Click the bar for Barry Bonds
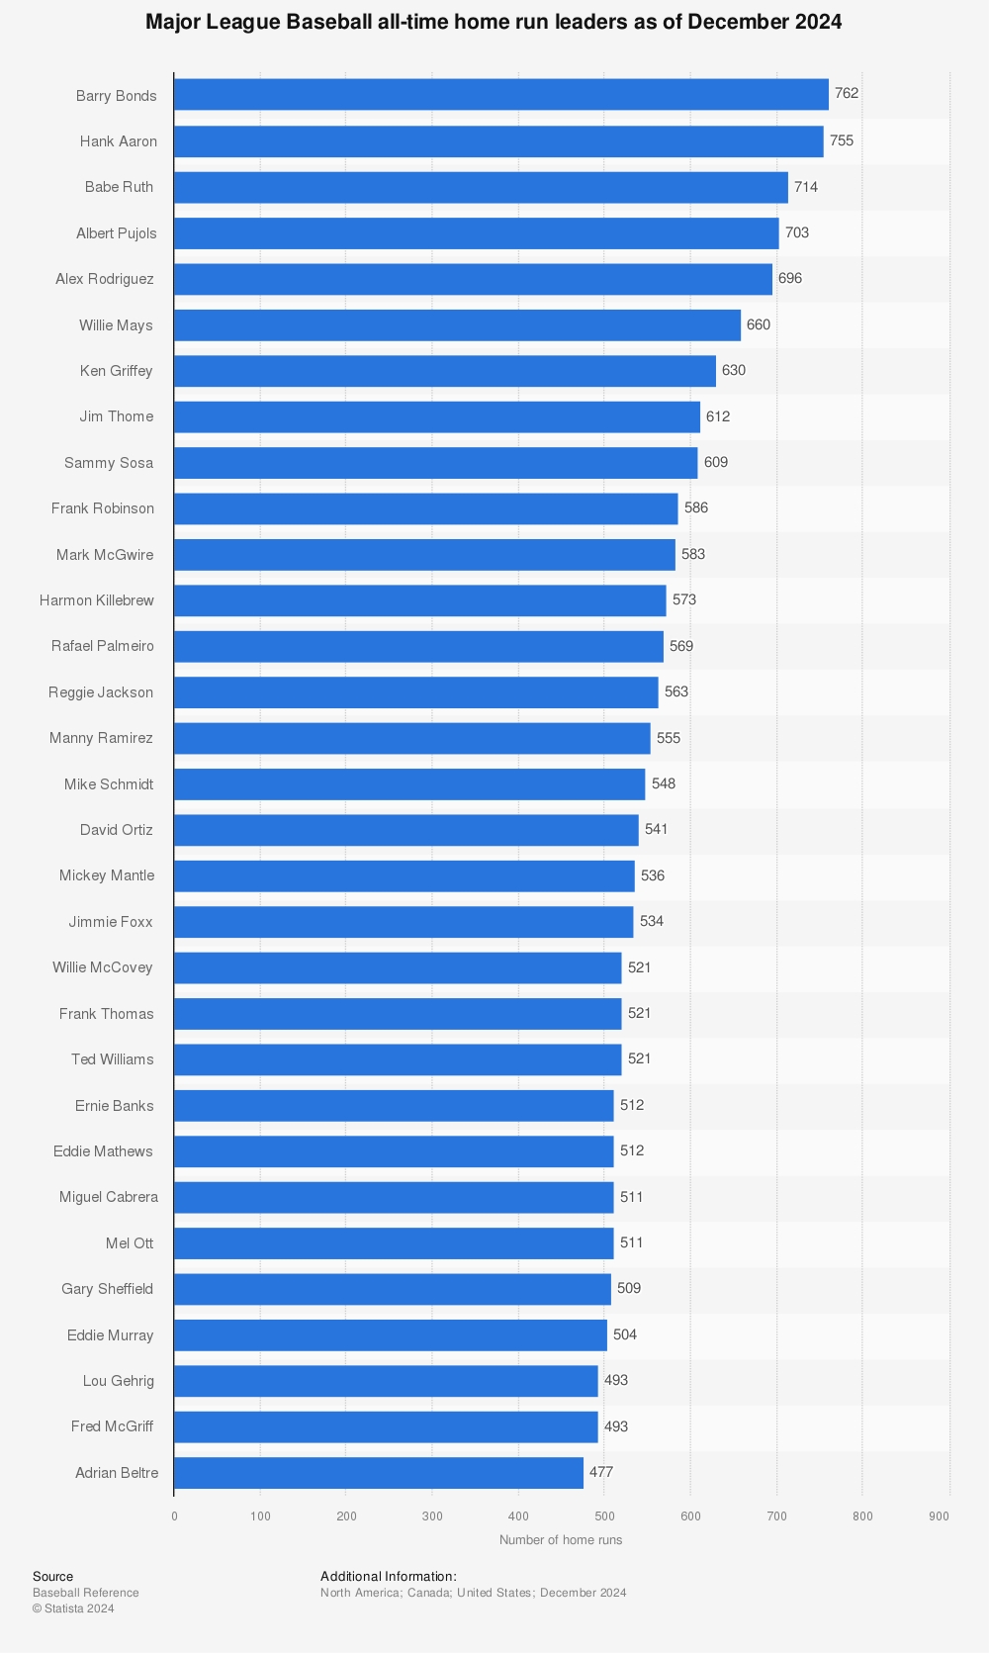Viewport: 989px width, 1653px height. coord(500,95)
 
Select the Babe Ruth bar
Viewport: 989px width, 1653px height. coord(481,187)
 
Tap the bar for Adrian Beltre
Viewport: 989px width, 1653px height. coord(379,1472)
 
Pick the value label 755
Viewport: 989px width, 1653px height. coord(842,140)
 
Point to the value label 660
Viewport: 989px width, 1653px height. coord(759,324)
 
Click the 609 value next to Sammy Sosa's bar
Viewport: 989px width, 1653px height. coord(716,462)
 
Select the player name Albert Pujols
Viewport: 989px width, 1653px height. coord(117,233)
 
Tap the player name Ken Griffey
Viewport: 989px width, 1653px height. coord(117,371)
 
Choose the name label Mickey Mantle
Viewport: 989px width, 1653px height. coord(107,875)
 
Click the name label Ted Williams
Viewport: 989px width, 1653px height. coord(113,1059)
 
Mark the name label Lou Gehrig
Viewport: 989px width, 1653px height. coord(119,1381)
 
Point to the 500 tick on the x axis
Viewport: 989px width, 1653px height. coord(604,1516)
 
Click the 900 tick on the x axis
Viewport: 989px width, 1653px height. coord(940,1516)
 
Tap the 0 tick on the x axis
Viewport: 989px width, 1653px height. coord(174,1516)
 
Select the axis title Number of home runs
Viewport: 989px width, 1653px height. coord(561,1540)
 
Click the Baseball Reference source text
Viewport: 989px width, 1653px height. coord(86,1593)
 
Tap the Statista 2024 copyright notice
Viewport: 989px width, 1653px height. coord(73,1608)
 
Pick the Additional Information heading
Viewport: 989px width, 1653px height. coord(389,1577)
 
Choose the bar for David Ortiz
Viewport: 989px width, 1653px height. coord(406,830)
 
